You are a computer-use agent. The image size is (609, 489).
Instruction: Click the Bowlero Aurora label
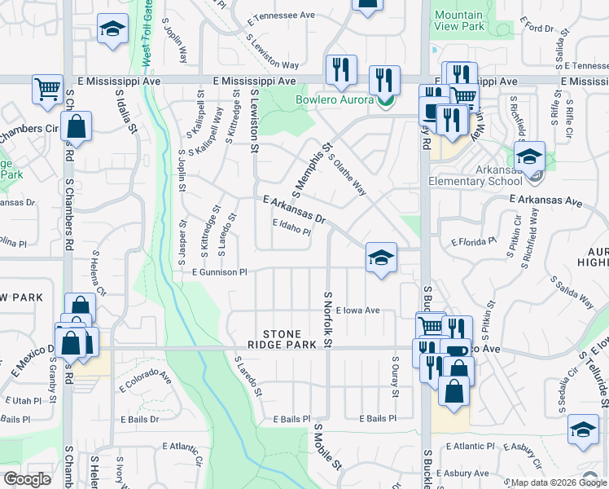point(334,100)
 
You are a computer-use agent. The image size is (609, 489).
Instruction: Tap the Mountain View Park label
point(458,21)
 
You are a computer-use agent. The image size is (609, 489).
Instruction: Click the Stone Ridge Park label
point(282,340)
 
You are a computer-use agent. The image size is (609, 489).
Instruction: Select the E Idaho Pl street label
point(291,229)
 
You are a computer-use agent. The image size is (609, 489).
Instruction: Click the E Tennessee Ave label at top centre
point(282,15)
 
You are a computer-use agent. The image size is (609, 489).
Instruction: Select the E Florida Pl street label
point(474,241)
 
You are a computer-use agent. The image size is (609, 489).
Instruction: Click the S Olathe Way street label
point(346,174)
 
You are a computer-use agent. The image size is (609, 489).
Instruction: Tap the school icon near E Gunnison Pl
point(380,257)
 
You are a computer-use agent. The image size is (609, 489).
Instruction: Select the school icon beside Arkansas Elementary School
point(530,156)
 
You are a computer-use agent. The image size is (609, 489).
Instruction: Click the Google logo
point(27,479)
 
